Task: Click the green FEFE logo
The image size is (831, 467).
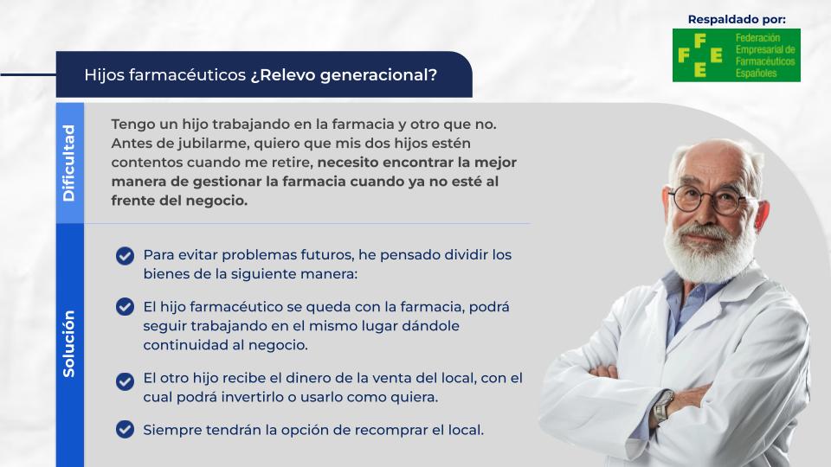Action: click(736, 55)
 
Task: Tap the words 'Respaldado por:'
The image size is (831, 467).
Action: click(737, 20)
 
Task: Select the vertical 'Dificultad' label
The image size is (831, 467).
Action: click(69, 163)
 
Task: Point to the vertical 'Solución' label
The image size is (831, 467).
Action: click(69, 344)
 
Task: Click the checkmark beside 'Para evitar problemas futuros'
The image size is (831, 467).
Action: click(125, 256)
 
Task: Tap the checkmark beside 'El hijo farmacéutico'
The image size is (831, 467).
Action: click(125, 306)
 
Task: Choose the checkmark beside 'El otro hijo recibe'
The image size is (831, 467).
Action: click(125, 381)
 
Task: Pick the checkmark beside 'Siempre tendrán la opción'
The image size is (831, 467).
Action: click(125, 430)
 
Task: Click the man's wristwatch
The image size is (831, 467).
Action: click(663, 406)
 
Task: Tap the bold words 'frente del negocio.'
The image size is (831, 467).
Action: click(179, 201)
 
